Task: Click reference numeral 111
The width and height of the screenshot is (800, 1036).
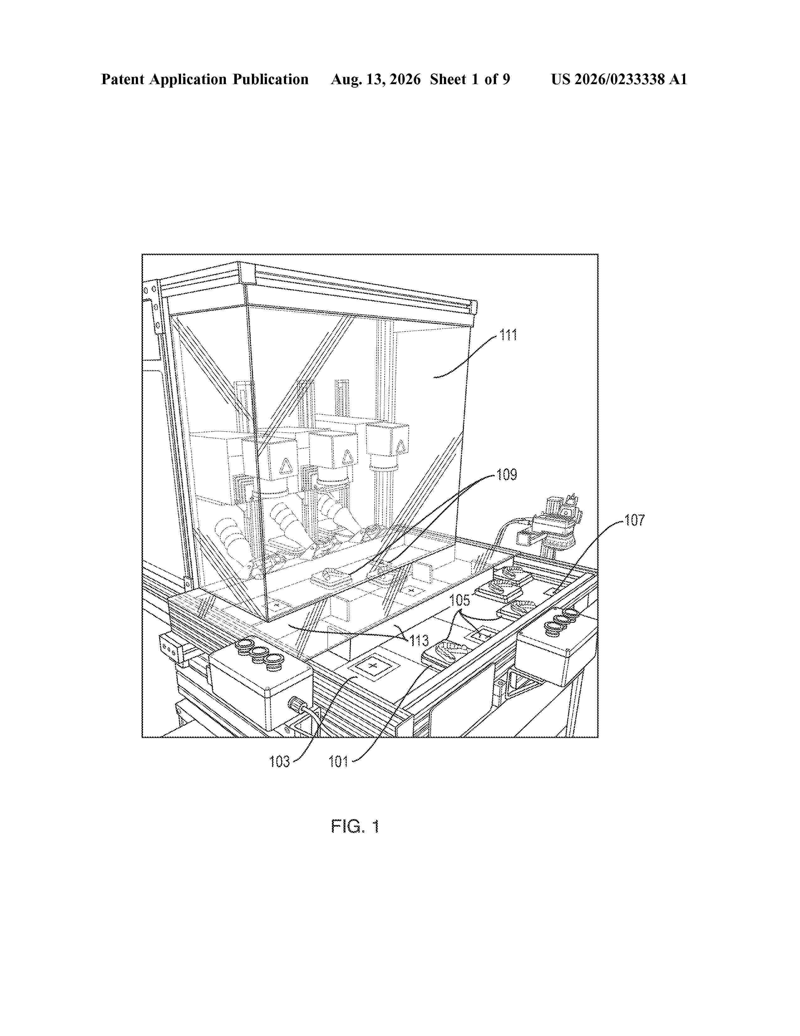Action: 508,335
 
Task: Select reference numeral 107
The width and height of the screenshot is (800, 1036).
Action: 634,521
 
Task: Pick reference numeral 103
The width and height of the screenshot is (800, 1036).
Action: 279,762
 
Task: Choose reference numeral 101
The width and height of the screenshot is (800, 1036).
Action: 339,762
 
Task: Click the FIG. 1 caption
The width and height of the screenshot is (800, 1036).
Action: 355,827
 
